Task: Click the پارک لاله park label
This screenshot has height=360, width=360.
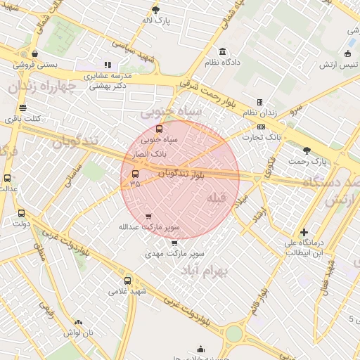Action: pyautogui.click(x=156, y=21)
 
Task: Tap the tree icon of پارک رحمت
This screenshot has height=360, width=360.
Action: pyautogui.click(x=306, y=150)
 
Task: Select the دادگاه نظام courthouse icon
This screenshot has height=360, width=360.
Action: pyautogui.click(x=223, y=51)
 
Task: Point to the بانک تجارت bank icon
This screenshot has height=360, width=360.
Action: pyautogui.click(x=262, y=127)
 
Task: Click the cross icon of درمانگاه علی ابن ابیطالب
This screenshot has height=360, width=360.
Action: pyautogui.click(x=304, y=232)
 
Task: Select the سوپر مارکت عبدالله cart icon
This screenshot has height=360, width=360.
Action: pyautogui.click(x=148, y=217)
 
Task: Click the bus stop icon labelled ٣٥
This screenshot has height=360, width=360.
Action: pyautogui.click(x=135, y=173)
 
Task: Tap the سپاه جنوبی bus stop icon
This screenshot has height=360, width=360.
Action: pyautogui.click(x=159, y=129)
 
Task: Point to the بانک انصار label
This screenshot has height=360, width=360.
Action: pyautogui.click(x=148, y=151)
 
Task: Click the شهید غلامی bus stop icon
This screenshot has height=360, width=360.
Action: pyautogui.click(x=118, y=281)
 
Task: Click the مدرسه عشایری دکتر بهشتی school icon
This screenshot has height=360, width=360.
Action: pyautogui.click(x=108, y=65)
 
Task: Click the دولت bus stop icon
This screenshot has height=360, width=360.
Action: pyautogui.click(x=20, y=213)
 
